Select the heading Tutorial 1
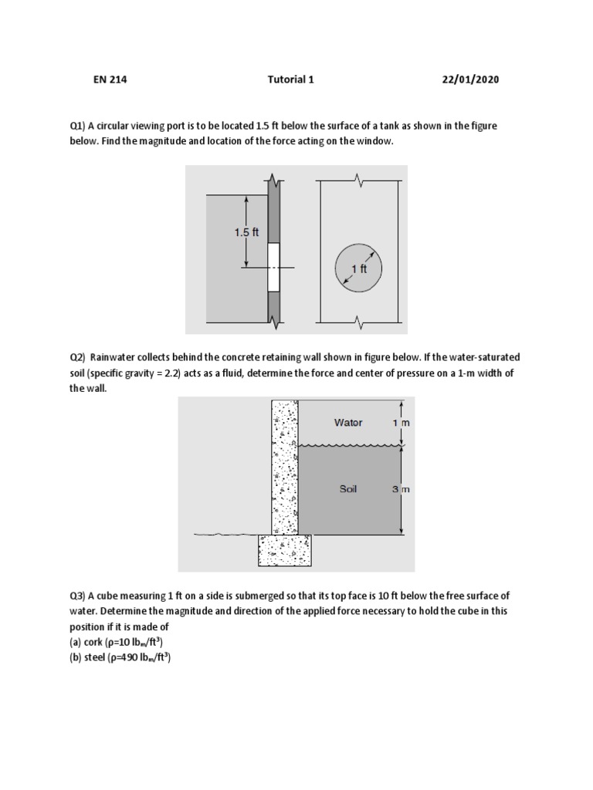(290, 79)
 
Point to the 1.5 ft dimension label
(247, 231)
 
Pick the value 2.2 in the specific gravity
(182, 373)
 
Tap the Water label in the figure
(348, 423)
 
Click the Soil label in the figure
(348, 488)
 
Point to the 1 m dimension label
(400, 423)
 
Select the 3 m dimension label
(400, 489)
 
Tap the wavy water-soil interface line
(347, 445)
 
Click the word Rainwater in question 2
(114, 357)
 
